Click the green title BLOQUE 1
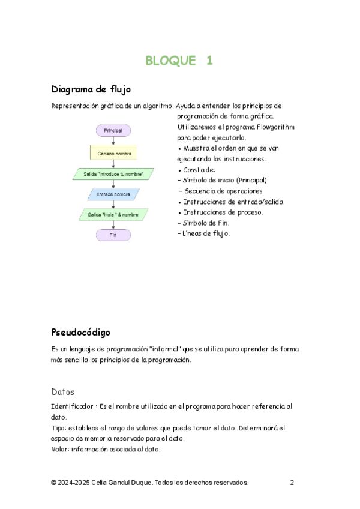click(x=179, y=61)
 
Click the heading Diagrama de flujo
click(x=91, y=90)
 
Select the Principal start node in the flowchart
click(x=113, y=130)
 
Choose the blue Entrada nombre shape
click(x=113, y=194)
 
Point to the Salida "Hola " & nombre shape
click(x=113, y=214)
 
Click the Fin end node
click(x=113, y=235)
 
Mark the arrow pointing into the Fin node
click(x=113, y=225)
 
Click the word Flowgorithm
click(x=275, y=127)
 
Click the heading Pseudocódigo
click(x=81, y=332)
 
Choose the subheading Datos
click(x=62, y=391)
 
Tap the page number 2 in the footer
click(x=292, y=483)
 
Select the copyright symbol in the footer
click(x=54, y=483)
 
